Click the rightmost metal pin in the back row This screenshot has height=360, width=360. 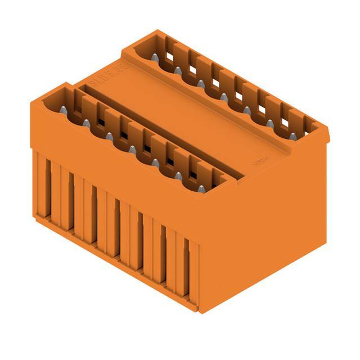(x=293, y=136)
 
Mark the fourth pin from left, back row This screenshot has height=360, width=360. (x=223, y=97)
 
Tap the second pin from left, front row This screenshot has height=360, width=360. (x=86, y=123)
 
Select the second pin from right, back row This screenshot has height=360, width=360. (x=270, y=123)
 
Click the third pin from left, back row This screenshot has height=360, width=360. (x=200, y=83)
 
